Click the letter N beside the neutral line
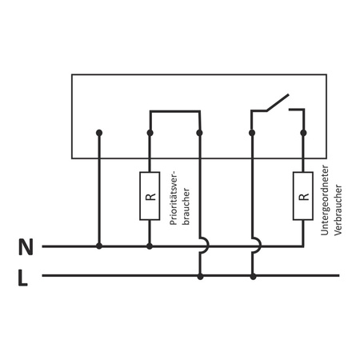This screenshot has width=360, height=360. pos(26,247)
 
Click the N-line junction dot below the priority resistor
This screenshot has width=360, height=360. pos(150,246)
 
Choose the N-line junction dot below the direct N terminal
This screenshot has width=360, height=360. pos(98,246)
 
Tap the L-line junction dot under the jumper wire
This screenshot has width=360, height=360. pos(199,276)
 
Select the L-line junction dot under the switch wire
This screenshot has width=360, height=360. pos(253,276)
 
